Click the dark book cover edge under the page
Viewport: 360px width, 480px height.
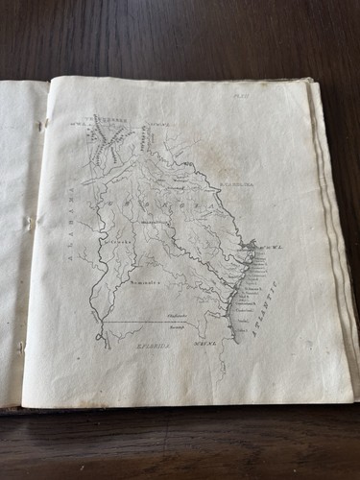click(x=144, y=411)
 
